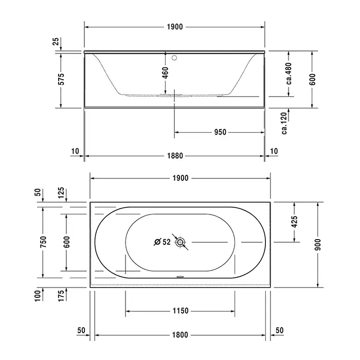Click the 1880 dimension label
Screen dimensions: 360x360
tap(175, 156)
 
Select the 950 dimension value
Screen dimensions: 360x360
tap(220, 132)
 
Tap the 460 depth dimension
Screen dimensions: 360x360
tap(165, 73)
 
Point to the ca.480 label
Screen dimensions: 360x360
tap(289, 74)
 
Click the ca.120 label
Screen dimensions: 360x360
tap(284, 123)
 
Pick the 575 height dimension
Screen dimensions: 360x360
tap(61, 79)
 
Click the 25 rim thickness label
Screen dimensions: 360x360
tap(56, 42)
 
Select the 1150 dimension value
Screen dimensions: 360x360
tap(181, 311)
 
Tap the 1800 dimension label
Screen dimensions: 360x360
tap(180, 335)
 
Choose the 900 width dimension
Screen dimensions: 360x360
tap(318, 244)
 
